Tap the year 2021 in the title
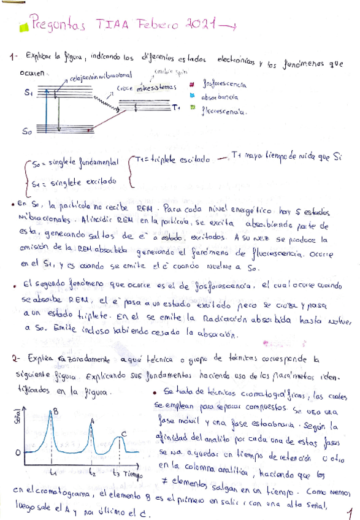coord(201,25)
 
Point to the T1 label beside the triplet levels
coord(176,109)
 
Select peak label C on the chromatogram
coord(124,434)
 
